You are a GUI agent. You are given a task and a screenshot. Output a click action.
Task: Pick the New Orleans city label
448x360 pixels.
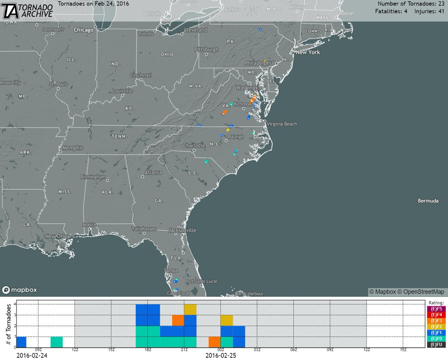click(58, 236)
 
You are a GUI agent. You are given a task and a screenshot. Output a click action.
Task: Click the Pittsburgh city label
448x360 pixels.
click(206, 49)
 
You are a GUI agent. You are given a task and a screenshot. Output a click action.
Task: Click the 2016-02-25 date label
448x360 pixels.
click(221, 356)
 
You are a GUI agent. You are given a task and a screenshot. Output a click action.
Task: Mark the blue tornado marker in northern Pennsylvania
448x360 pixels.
click(260, 30)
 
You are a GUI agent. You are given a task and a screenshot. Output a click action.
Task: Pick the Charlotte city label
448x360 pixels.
click(195, 145)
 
